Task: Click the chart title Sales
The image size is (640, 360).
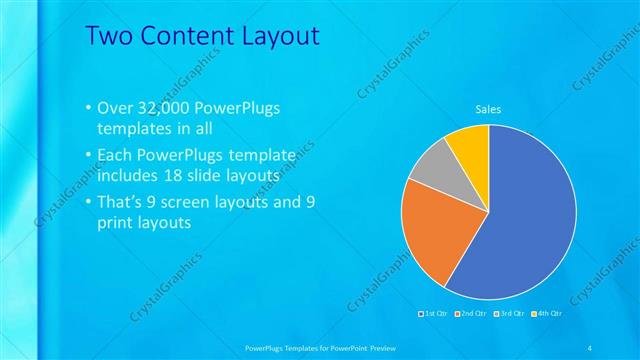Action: tap(487, 109)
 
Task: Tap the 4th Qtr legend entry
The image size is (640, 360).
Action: tap(546, 315)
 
